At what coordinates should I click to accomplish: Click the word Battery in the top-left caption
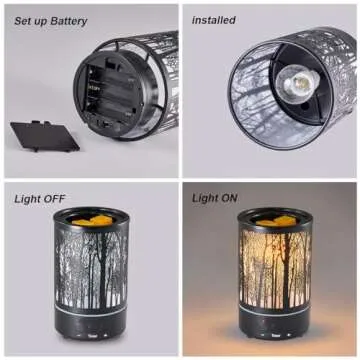coord(65,21)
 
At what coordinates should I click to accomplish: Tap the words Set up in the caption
coord(27,21)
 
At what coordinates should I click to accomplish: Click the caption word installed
coord(214,20)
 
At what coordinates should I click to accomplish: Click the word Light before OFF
coord(28,198)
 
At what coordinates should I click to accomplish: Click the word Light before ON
coord(208,198)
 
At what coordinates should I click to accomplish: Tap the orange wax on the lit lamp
coord(270,217)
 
